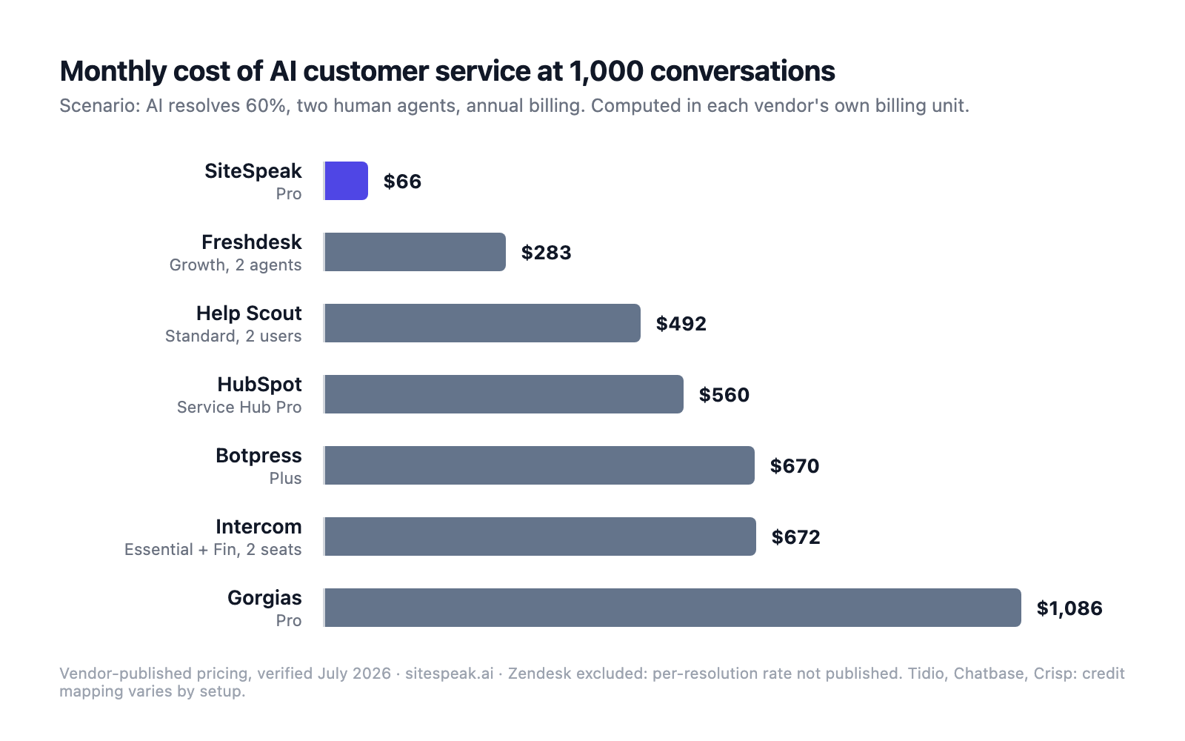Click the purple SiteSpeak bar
point(346,181)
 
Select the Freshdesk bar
point(415,252)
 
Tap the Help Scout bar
point(482,323)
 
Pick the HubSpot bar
point(504,394)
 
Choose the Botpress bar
point(540,465)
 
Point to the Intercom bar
point(540,536)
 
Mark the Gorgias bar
point(673,608)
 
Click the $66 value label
point(402,182)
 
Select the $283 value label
point(546,253)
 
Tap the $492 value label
point(681,324)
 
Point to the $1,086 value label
point(1069,608)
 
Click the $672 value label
point(795,537)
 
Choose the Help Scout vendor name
point(249,313)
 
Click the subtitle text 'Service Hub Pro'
point(239,407)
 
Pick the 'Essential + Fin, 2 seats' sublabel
point(213,549)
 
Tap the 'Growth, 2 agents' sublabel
point(236,265)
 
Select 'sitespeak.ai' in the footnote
point(449,674)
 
